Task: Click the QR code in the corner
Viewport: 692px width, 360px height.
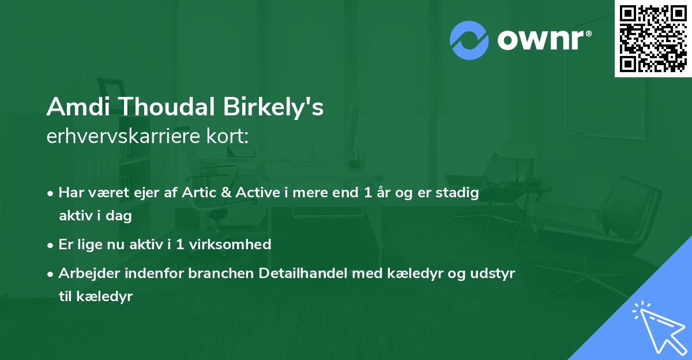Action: (x=653, y=38)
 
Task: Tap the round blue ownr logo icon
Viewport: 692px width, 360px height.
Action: (x=469, y=40)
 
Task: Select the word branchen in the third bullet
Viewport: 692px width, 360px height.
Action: (x=213, y=273)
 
